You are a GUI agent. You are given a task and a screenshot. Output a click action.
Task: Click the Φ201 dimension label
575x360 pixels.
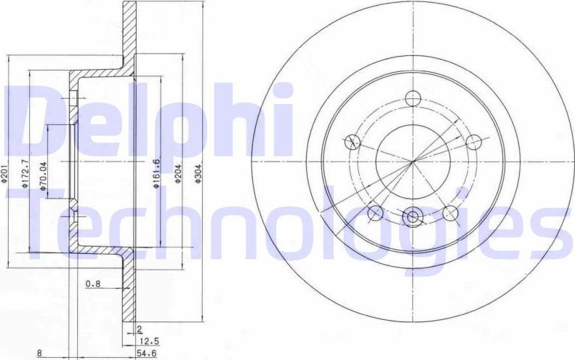[x=5, y=176]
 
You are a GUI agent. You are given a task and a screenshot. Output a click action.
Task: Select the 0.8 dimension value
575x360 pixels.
[x=92, y=284]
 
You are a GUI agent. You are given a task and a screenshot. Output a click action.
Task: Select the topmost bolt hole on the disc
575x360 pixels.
[x=413, y=98]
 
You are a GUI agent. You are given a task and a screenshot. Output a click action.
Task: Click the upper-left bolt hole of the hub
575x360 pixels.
[x=353, y=142]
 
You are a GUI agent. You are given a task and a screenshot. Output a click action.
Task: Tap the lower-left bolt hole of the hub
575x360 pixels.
[x=376, y=212]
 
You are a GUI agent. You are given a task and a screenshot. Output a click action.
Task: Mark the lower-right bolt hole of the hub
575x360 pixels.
[x=451, y=212]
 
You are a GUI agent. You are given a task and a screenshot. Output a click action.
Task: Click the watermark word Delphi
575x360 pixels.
[x=149, y=120]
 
